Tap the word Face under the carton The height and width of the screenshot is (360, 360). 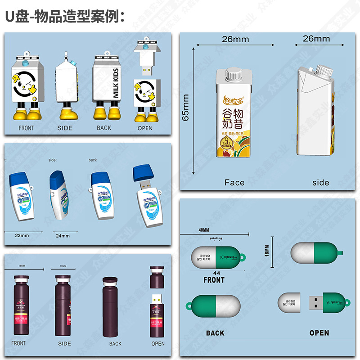[x=234, y=182]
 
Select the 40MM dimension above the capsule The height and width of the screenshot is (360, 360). [x=203, y=229]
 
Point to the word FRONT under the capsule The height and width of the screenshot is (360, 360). [x=214, y=280]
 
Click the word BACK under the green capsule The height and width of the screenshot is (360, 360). [x=215, y=333]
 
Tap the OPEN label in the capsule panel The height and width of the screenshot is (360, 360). [x=319, y=333]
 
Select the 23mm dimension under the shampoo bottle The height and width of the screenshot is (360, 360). [x=22, y=235]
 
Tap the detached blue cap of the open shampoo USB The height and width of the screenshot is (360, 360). [x=144, y=171]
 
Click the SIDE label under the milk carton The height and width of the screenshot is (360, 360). [x=65, y=128]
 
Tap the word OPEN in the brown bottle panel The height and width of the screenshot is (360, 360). [x=158, y=343]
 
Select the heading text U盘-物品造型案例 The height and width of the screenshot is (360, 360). [x=65, y=17]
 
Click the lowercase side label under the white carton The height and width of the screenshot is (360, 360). [x=320, y=182]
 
